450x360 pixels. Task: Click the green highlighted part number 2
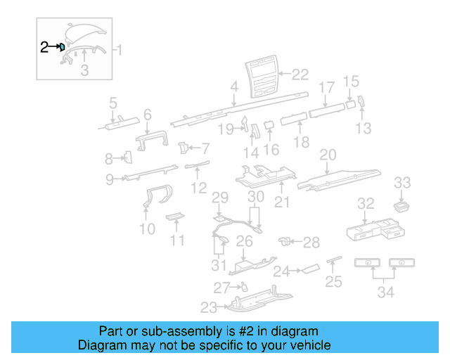(x=63, y=47)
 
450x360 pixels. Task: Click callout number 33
(x=402, y=183)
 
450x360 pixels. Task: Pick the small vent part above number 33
(x=402, y=205)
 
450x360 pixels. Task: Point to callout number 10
(x=147, y=229)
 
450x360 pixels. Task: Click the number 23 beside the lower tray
(x=209, y=307)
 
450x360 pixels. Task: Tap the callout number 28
(x=311, y=242)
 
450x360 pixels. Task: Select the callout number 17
(x=326, y=87)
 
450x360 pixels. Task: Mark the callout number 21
(x=282, y=203)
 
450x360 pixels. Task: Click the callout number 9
(x=110, y=179)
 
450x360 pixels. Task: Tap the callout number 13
(x=363, y=128)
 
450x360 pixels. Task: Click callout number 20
(x=328, y=155)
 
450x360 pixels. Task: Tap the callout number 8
(x=109, y=158)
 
